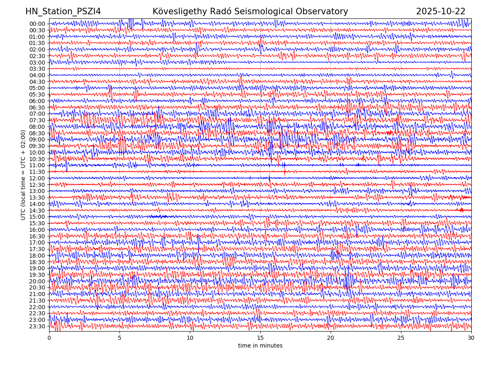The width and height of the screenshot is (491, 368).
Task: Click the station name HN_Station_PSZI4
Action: pos(63,11)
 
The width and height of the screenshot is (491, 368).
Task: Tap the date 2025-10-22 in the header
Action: pos(441,11)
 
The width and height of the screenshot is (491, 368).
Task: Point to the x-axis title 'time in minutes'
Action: pos(260,346)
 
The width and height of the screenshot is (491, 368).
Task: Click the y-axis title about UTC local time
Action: pos(23,175)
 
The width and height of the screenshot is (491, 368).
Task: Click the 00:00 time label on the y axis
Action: pos(37,24)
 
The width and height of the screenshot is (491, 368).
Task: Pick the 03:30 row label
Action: pos(37,69)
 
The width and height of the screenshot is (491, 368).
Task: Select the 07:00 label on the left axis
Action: pos(37,114)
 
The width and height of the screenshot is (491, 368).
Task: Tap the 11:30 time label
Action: pos(37,172)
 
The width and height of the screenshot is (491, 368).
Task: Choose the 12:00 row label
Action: pos(37,178)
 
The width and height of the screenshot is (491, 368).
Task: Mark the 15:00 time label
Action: pos(37,217)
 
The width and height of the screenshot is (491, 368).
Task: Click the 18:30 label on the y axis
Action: pos(37,262)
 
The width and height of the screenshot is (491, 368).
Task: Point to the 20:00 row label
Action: pos(37,281)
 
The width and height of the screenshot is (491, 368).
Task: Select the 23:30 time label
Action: pos(37,326)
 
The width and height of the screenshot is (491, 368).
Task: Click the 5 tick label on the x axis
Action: pos(119,338)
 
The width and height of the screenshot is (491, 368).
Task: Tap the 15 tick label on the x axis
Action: pos(260,338)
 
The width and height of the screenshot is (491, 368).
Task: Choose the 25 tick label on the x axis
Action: pos(401,338)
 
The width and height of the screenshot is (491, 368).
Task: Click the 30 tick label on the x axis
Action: pos(471,338)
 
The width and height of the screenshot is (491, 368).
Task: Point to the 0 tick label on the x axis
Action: pos(49,338)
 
